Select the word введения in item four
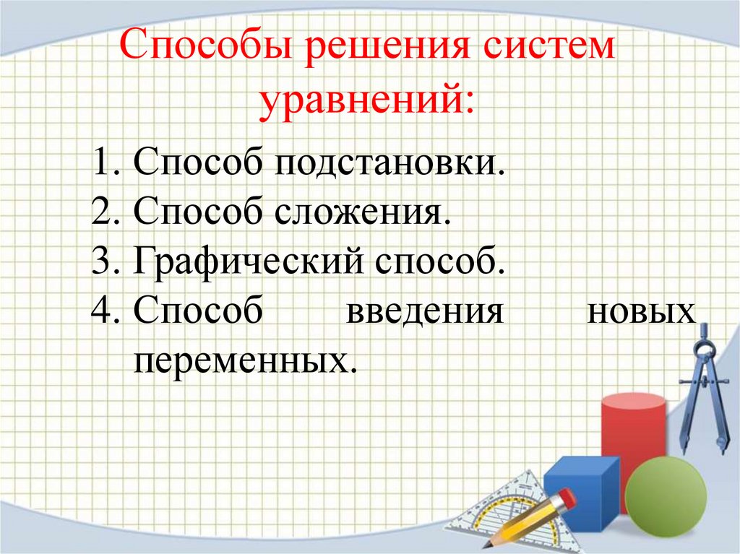423,313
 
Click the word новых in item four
642,313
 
